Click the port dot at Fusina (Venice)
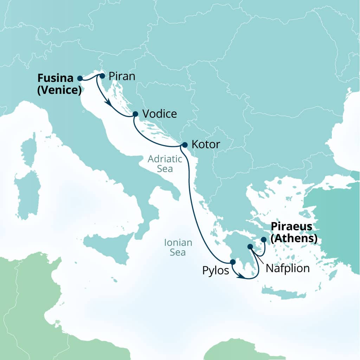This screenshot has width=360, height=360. [80, 78]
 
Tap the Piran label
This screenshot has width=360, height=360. [122, 76]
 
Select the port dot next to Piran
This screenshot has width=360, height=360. [102, 76]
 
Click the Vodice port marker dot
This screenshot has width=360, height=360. [135, 114]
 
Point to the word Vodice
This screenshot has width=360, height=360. [160, 114]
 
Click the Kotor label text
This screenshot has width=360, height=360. [206, 144]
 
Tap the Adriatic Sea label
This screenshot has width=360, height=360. [165, 164]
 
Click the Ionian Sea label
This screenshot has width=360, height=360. [178, 247]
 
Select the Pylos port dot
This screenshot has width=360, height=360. [232, 262]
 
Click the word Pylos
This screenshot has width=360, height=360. [216, 271]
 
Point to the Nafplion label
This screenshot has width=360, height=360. [288, 269]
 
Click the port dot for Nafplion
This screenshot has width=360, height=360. [250, 247]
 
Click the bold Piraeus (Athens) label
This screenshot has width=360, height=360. [294, 232]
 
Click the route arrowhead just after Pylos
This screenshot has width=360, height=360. [240, 277]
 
